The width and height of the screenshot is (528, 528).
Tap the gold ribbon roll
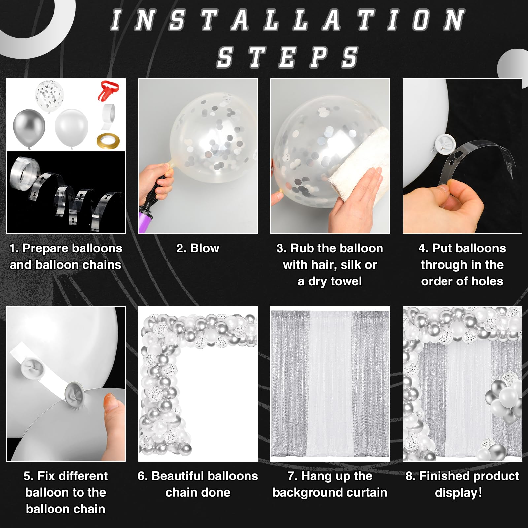108,141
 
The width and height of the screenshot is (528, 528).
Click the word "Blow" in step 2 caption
205,248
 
